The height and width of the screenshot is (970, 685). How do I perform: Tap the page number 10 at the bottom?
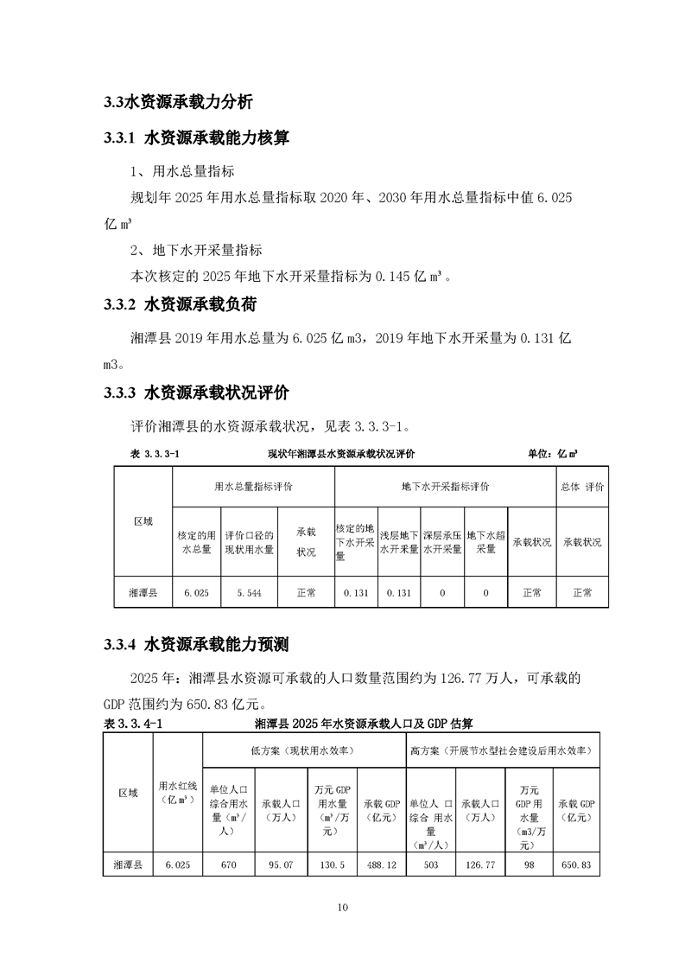click(343, 908)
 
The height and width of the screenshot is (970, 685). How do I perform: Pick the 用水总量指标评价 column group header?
click(253, 487)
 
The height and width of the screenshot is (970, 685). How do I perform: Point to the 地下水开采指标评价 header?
click(445, 487)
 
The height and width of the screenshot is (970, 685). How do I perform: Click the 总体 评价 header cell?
click(582, 487)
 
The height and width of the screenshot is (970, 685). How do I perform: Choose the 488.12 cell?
click(381, 864)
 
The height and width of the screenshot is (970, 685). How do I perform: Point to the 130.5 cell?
click(333, 864)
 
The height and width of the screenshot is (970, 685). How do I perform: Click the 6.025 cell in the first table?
click(197, 592)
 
